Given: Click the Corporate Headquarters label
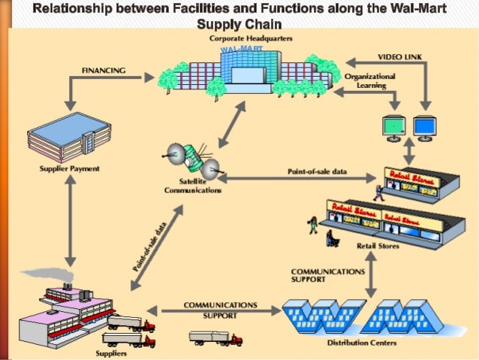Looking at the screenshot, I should (x=251, y=38).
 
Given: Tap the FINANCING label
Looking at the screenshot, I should (x=103, y=69).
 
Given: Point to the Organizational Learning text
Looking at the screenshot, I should (x=370, y=80).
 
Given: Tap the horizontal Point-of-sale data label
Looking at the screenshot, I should (x=317, y=171).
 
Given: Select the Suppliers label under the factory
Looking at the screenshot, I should (x=110, y=352).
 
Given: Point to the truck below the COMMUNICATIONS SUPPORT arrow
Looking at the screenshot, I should (x=216, y=339).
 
